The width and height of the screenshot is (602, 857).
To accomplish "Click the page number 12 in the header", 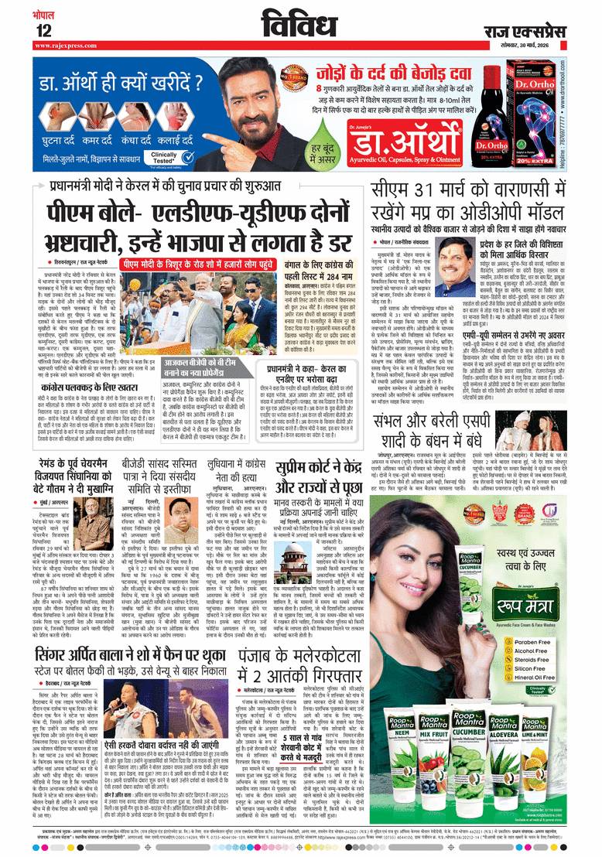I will tap(43, 30).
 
